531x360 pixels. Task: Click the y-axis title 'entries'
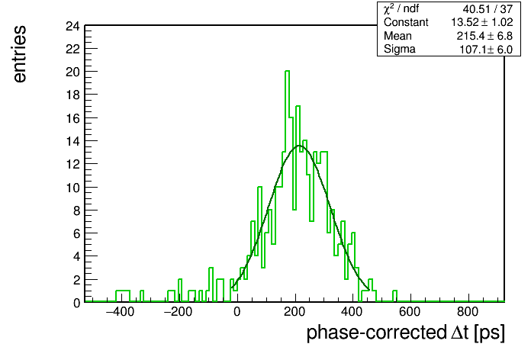click(x=20, y=54)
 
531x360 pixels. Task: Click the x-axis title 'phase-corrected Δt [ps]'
click(x=405, y=333)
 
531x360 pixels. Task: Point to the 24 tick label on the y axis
click(x=72, y=26)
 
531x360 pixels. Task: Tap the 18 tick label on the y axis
click(x=72, y=95)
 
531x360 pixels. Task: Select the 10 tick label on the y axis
click(x=72, y=188)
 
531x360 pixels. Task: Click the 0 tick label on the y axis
click(x=77, y=303)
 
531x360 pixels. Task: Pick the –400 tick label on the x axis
click(x=121, y=312)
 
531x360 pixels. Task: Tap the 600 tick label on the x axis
click(x=410, y=312)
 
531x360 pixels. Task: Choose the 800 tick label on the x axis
click(x=468, y=312)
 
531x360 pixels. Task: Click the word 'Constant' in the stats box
click(x=406, y=22)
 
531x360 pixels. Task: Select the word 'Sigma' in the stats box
click(x=400, y=49)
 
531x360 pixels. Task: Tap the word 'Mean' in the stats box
click(x=397, y=36)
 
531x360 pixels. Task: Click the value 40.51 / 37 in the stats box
click(x=488, y=9)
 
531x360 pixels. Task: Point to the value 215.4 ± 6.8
click(x=484, y=36)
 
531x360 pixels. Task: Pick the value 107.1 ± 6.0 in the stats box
click(x=486, y=50)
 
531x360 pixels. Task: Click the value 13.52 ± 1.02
click(x=482, y=22)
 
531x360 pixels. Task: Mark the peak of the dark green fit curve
click(x=299, y=146)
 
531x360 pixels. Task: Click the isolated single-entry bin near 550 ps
click(x=394, y=296)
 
